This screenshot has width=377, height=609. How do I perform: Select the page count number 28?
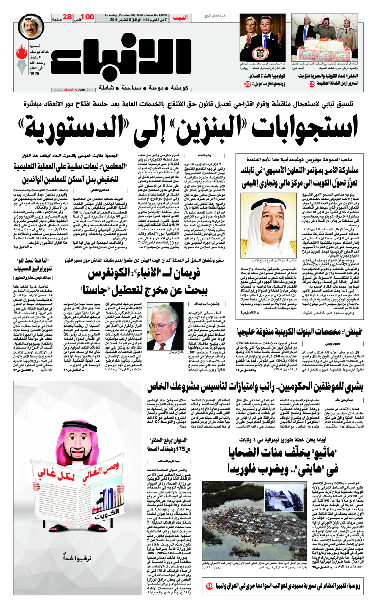coord(67,17)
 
